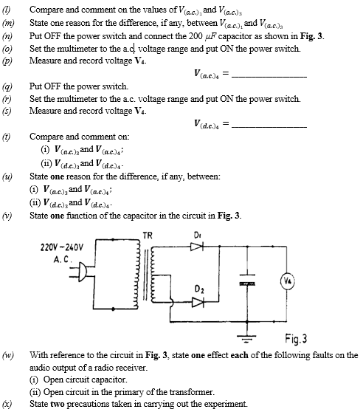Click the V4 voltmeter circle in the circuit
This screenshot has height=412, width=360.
coord(288,281)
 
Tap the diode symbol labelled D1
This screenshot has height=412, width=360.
coord(197,247)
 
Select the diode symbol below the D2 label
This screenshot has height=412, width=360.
coord(198,302)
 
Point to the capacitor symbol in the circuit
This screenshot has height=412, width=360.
coord(247,280)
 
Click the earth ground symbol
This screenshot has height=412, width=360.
coord(246,339)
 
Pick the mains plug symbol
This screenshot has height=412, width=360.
coord(81,272)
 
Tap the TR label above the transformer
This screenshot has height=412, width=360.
coord(148,236)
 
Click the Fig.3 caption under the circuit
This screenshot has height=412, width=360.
coord(296,339)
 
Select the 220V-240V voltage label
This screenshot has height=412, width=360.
coord(62,247)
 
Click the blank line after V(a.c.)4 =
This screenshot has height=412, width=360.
coord(270,77)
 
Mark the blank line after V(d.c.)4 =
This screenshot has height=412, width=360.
coord(270,127)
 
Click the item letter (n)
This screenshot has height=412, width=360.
coord(7,36)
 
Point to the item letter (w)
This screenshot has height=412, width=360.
coord(8,355)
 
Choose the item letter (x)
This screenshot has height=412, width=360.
coord(7,404)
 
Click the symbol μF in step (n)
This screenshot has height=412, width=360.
coord(210,36)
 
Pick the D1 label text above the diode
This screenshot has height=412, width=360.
coord(197,235)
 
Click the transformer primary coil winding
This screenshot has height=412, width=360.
coord(136,275)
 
